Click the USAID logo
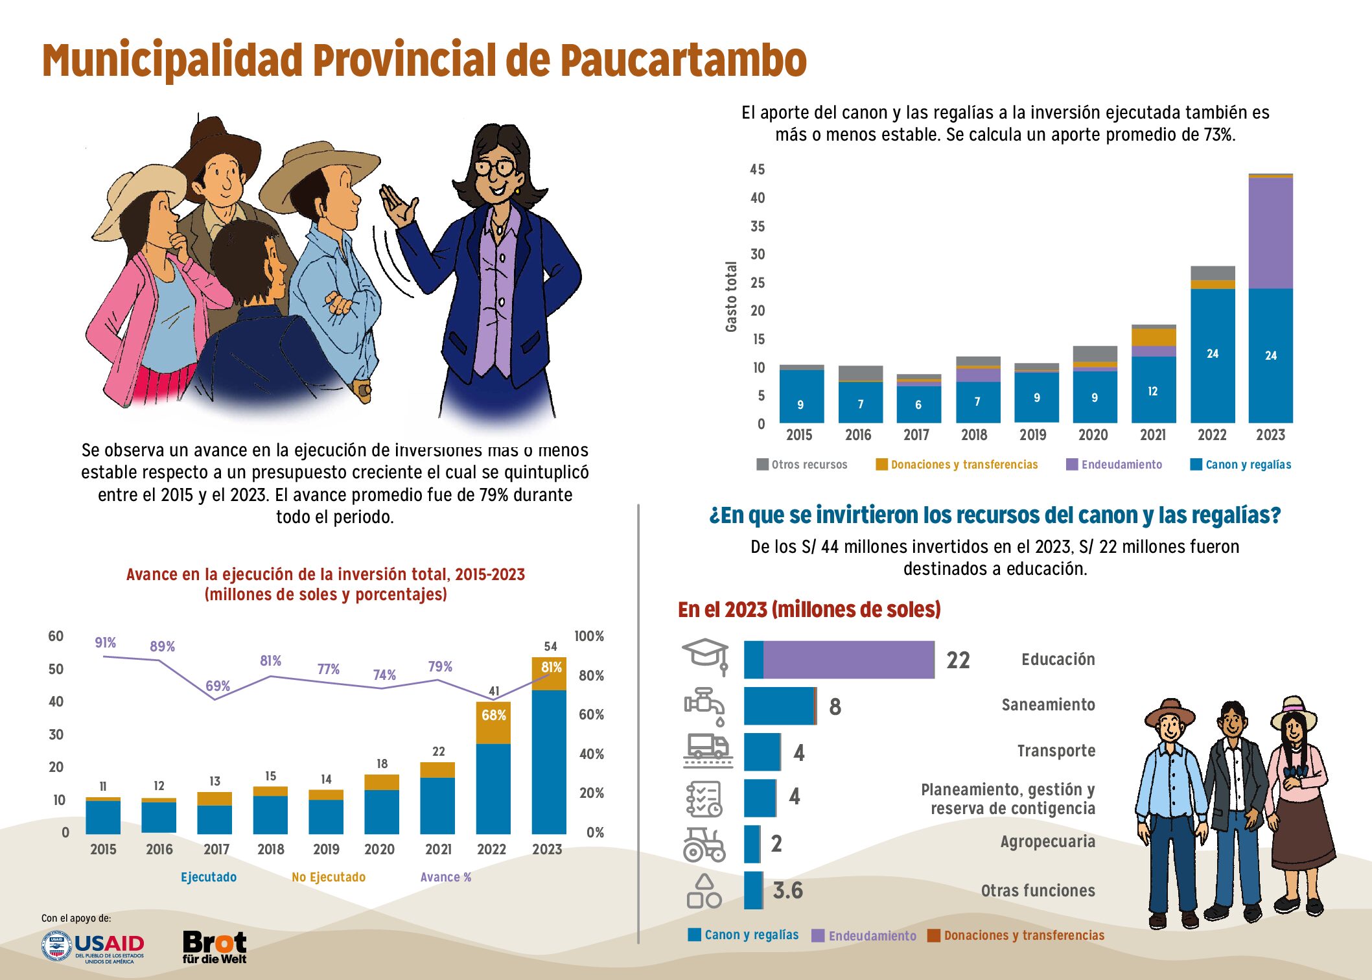pos(92,948)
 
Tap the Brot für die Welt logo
pos(215,947)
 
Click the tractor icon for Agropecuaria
pos(704,844)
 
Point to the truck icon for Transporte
pos(708,751)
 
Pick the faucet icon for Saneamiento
pos(705,706)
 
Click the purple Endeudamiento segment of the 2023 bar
pos(1270,233)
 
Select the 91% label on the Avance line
pos(105,642)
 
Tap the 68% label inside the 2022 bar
pos(493,715)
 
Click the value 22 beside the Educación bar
pos(958,660)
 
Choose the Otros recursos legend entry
pos(802,464)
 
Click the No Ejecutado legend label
pos(329,877)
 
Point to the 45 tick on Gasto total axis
pos(757,169)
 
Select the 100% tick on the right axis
pos(589,636)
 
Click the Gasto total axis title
pos(731,297)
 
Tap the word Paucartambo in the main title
pos(683,60)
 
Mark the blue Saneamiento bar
pos(778,706)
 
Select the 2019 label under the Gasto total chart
pos(1033,434)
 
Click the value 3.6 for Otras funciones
pos(787,891)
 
